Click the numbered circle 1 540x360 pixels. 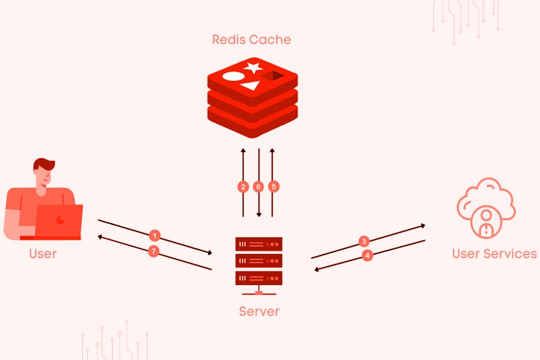point(155,235)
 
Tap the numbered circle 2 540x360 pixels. point(243,187)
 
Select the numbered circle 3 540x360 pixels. point(364,241)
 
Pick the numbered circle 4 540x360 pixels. point(368,255)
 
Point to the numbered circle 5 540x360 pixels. point(274,187)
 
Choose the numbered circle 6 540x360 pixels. point(259,187)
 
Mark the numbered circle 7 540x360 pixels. point(154,251)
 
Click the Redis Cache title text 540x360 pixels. point(251,40)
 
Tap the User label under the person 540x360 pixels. point(43,254)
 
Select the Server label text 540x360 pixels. point(259,311)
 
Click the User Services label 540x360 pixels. point(494,254)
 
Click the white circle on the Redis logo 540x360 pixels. point(233,77)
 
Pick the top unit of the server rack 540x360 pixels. point(259,245)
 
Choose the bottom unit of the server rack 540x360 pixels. point(259,278)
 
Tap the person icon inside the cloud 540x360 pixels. point(486,220)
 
